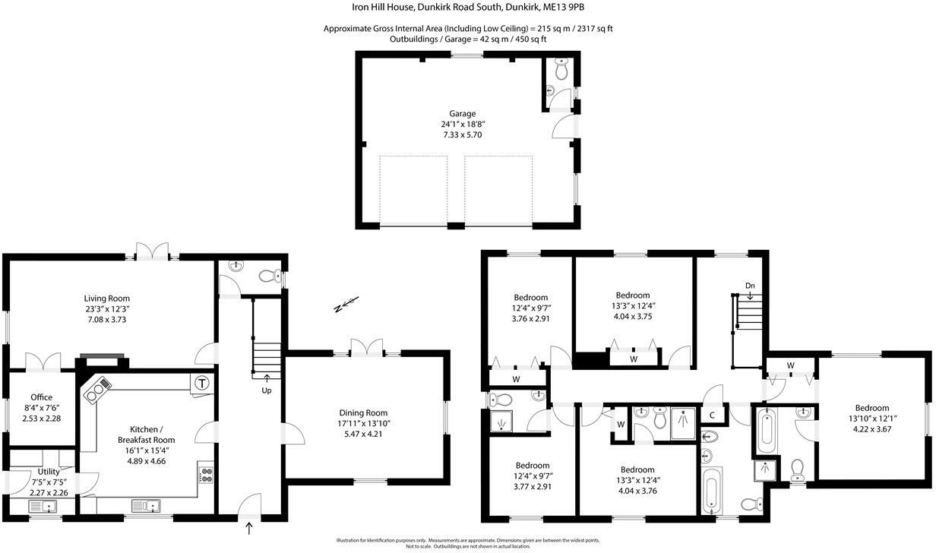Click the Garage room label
(462, 113)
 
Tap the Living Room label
(106, 299)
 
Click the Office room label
(41, 397)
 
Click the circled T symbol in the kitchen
(202, 384)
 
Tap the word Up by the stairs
(266, 390)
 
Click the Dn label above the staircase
(750, 286)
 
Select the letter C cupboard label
(712, 415)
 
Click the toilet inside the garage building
(561, 71)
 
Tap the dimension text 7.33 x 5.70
(462, 134)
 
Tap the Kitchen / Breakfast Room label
(146, 434)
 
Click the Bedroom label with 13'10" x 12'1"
(871, 408)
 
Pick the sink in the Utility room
(48, 506)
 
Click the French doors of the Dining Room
(368, 347)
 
